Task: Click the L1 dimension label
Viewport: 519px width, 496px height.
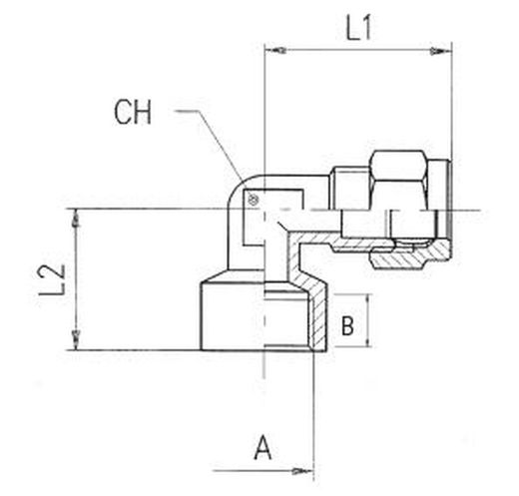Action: [358, 28]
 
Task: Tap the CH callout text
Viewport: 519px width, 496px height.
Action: [133, 112]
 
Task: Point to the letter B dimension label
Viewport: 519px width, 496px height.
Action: [347, 325]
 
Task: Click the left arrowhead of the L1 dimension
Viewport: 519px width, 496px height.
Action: [275, 51]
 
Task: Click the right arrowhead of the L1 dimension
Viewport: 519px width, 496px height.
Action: [441, 52]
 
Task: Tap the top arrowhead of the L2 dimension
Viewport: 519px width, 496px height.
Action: [77, 219]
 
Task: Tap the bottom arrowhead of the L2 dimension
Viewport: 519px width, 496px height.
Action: [77, 340]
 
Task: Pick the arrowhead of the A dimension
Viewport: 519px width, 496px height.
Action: [302, 471]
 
